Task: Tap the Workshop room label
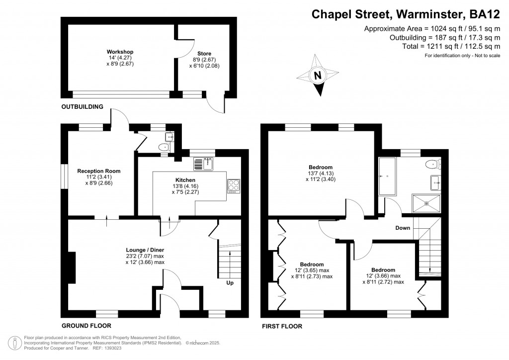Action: pyautogui.click(x=120, y=52)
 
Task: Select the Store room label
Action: pyautogui.click(x=204, y=53)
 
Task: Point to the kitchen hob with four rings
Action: pyautogui.click(x=233, y=185)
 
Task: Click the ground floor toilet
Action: pyautogui.click(x=164, y=147)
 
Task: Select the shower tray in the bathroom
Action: pyautogui.click(x=426, y=204)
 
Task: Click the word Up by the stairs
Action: pyautogui.click(x=230, y=283)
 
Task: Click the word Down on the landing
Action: pyautogui.click(x=402, y=228)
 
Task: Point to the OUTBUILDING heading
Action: pyautogui.click(x=82, y=107)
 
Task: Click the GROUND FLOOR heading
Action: pyautogui.click(x=86, y=326)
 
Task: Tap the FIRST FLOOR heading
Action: pyautogui.click(x=282, y=327)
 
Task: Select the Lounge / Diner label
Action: pyautogui.click(x=145, y=250)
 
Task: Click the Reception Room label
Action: pyautogui.click(x=99, y=171)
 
